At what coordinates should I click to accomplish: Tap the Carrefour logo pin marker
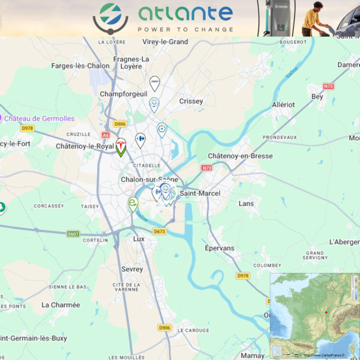tap(140, 140)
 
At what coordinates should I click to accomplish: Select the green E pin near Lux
tap(133, 204)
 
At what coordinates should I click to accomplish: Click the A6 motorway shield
tap(106, 135)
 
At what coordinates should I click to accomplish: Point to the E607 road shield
tap(73, 234)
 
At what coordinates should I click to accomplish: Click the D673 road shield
tap(159, 231)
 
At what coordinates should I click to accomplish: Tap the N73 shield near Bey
tap(328, 86)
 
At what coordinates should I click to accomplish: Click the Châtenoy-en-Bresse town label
tap(240, 156)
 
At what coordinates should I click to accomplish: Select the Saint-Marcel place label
tap(200, 193)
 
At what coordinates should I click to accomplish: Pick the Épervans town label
tap(219, 248)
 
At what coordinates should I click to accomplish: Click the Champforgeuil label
tap(123, 94)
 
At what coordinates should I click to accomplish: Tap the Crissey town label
tap(191, 101)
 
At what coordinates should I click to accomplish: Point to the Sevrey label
tap(132, 269)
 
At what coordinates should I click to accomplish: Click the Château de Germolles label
tap(39, 118)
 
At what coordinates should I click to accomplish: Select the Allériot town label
tap(283, 105)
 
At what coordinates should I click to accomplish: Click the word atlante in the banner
tap(185, 14)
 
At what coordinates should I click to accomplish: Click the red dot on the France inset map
tap(326, 312)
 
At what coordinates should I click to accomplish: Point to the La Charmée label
tap(61, 305)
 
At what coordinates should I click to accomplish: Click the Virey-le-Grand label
tap(165, 42)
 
